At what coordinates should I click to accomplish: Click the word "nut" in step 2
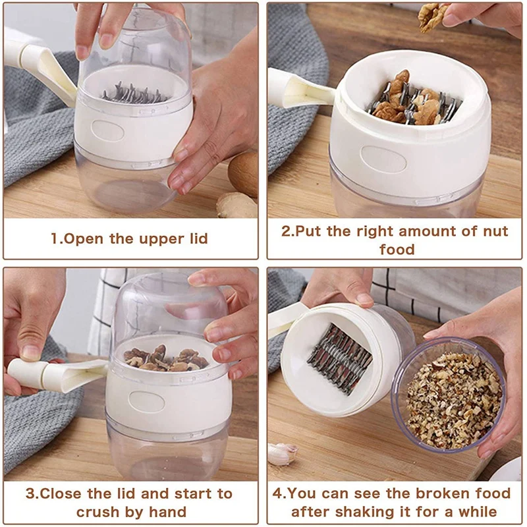click(495, 231)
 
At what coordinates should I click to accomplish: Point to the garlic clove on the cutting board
click(283, 454)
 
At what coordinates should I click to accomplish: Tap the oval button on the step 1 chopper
click(107, 130)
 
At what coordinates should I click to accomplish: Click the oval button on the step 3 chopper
click(147, 402)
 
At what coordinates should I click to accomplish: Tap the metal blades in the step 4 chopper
click(340, 359)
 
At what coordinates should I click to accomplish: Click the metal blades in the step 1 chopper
click(135, 94)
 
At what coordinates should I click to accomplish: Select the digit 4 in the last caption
click(277, 493)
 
